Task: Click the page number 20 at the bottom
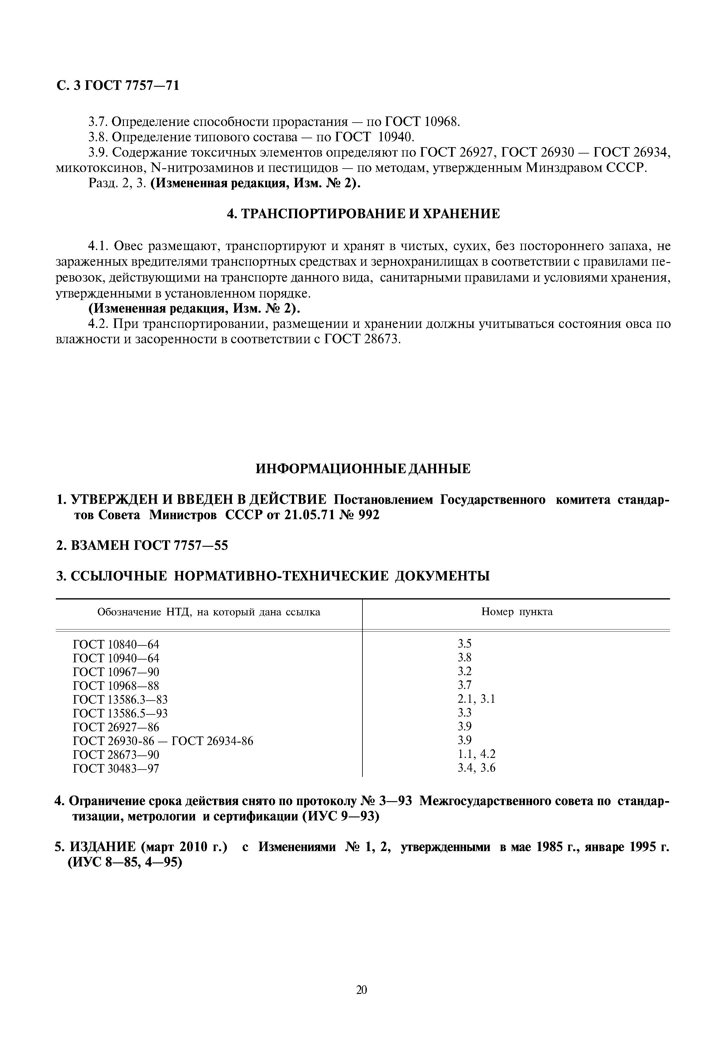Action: coord(362,990)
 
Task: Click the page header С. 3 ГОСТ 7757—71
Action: coord(117,85)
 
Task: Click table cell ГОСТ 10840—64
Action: coord(116,644)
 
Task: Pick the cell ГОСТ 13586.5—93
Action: coord(120,713)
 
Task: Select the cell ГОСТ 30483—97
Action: coord(116,768)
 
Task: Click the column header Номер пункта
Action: coord(517,612)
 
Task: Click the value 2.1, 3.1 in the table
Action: coord(476,699)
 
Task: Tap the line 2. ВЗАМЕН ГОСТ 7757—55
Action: coord(142,546)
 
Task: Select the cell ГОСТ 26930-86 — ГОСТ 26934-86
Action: coord(163,741)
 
